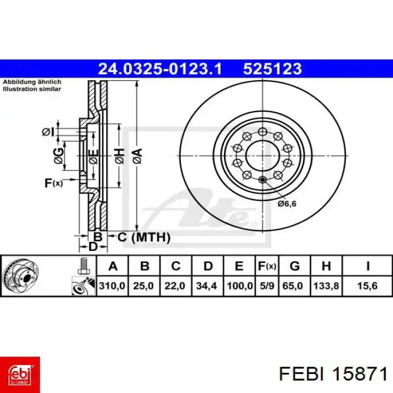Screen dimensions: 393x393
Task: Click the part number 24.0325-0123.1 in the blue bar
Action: click(x=160, y=69)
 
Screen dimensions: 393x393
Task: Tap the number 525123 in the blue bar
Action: click(x=272, y=69)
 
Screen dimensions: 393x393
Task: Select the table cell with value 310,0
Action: click(x=112, y=286)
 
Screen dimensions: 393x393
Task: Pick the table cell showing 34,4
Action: click(x=207, y=286)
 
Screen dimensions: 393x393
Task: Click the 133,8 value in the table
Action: click(x=326, y=286)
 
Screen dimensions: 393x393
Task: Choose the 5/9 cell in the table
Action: click(x=267, y=286)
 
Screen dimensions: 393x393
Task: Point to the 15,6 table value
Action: click(x=367, y=286)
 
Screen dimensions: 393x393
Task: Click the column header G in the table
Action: click(x=295, y=266)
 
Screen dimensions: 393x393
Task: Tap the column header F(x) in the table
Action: click(x=267, y=266)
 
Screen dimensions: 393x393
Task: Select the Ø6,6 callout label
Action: click(x=287, y=204)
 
